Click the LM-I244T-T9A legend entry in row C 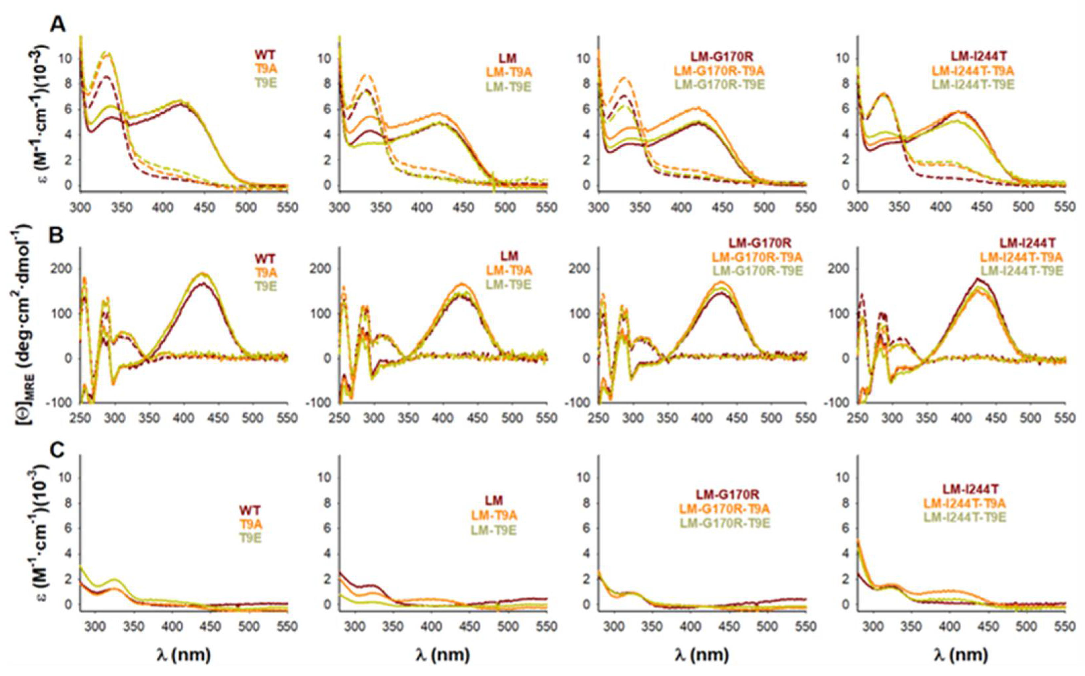pyautogui.click(x=965, y=504)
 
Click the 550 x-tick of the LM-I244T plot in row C pyautogui.click(x=1065, y=627)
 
